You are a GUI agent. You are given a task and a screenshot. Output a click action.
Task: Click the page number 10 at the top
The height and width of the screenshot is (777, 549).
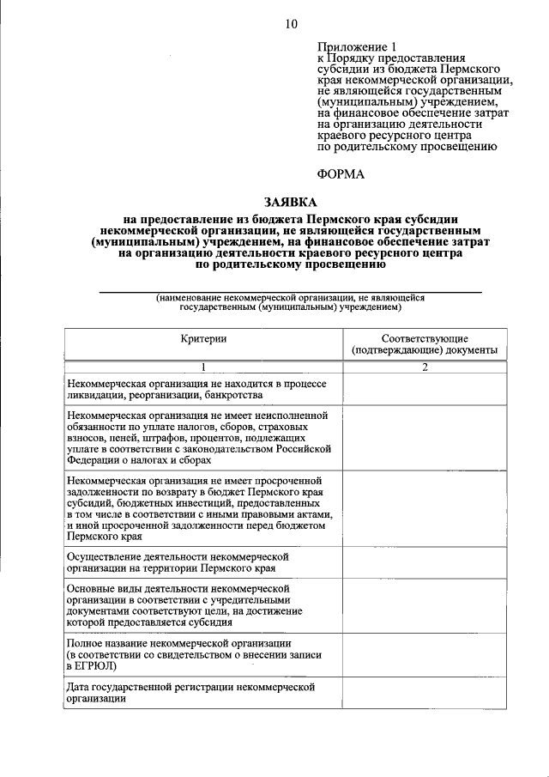(291, 23)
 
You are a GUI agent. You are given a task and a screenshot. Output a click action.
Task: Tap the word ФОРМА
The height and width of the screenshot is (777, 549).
(341, 174)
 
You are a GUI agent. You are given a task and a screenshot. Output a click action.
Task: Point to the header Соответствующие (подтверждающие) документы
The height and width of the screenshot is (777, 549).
(425, 344)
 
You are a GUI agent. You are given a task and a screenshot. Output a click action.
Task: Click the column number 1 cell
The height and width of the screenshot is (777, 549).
(203, 367)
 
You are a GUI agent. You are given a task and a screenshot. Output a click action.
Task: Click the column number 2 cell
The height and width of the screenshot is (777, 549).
(425, 367)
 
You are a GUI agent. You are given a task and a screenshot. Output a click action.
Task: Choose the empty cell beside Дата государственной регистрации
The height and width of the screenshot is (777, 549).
(425, 692)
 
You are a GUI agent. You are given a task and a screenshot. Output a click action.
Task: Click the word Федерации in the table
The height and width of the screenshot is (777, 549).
(93, 459)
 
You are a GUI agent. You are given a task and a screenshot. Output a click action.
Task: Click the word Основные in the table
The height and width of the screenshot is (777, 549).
(90, 588)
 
